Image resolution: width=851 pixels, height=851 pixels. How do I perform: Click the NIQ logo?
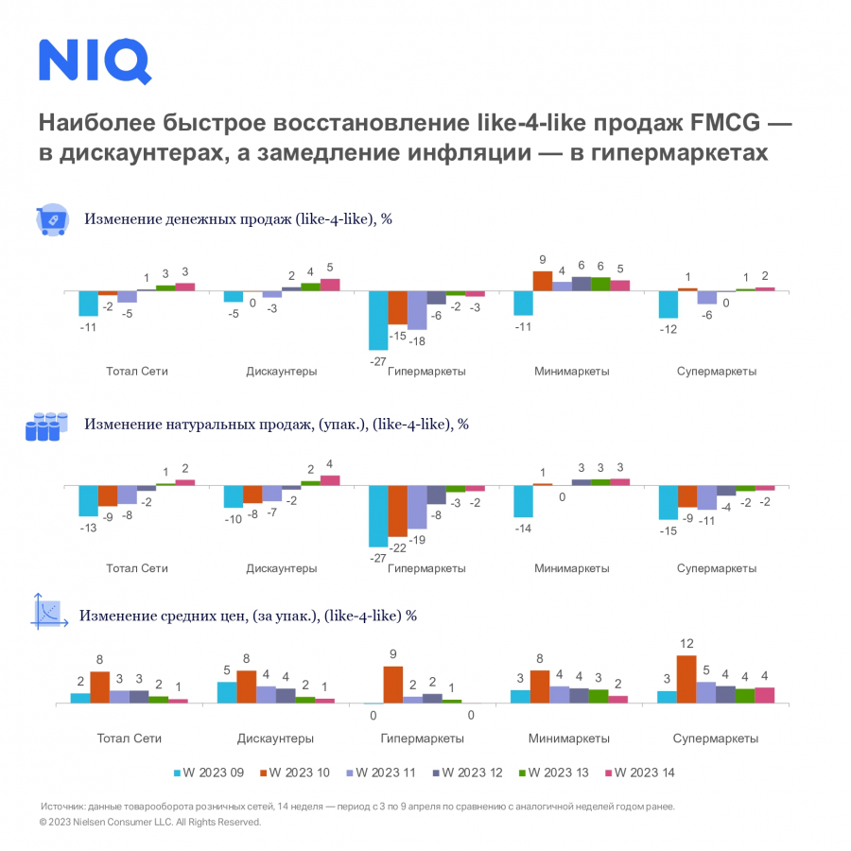pos(95,61)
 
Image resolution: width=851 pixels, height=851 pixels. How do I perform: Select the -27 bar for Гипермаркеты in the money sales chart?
pos(377,321)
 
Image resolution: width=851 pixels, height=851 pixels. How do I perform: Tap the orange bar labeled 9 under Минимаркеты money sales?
pos(543,281)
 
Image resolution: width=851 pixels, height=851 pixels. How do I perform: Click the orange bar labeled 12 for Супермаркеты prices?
pos(686,679)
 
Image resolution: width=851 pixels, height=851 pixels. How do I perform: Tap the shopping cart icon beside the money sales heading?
pos(51,219)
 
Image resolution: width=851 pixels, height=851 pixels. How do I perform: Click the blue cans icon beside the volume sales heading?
pos(46,426)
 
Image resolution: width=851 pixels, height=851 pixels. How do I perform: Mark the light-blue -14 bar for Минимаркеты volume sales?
pos(523,501)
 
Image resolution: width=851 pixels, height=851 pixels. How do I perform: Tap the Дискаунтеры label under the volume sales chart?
pos(281,568)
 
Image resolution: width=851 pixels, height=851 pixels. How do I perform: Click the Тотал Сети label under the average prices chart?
pos(130,738)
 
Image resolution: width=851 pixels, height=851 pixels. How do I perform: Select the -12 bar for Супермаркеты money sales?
pos(668,304)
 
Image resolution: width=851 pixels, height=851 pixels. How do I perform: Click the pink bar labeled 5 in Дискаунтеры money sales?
pos(330,285)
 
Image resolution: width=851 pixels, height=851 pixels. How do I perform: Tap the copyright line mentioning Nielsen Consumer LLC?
pos(150,823)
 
